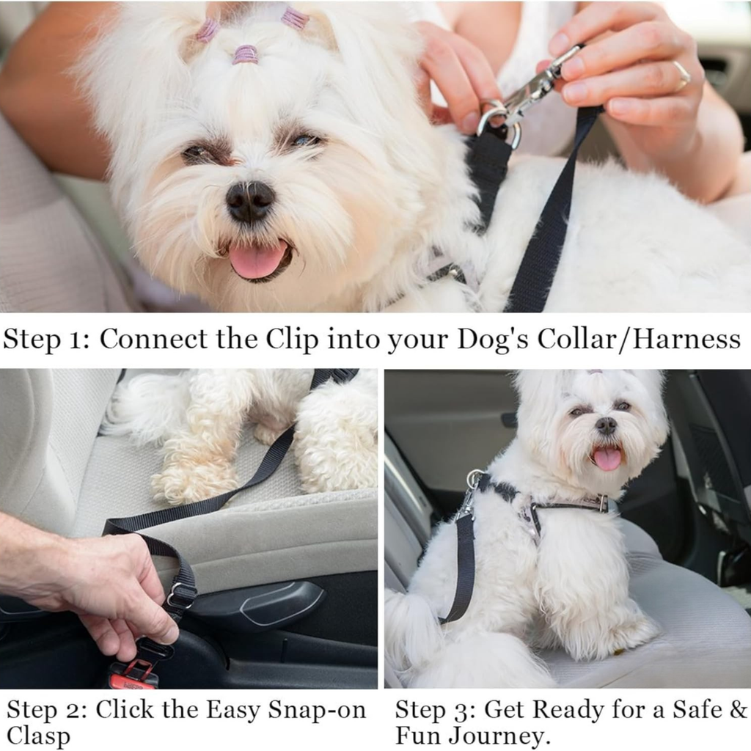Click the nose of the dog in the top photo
coord(251,200)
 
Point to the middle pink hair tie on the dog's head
coord(246,54)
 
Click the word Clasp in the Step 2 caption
coord(38,736)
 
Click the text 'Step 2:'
coord(47,710)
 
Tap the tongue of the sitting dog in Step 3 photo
coord(607,458)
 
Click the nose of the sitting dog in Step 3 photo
coord(606,425)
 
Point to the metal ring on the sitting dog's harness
coord(475,478)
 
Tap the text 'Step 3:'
coord(435,710)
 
